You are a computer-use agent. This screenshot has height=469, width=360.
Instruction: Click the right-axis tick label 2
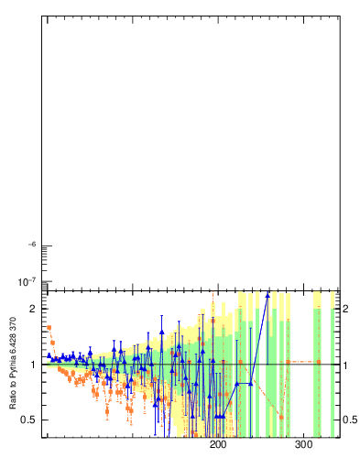click(x=348, y=309)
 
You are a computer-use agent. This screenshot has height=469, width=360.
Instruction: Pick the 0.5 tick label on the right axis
click(x=351, y=420)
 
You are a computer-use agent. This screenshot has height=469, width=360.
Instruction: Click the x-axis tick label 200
click(x=218, y=445)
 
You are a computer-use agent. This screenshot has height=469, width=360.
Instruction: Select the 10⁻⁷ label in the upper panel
click(x=27, y=279)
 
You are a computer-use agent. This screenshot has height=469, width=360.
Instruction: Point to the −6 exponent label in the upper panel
click(x=31, y=245)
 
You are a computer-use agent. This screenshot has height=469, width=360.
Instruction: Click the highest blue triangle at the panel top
click(x=267, y=294)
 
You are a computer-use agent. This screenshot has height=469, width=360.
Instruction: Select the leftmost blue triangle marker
click(x=49, y=355)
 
